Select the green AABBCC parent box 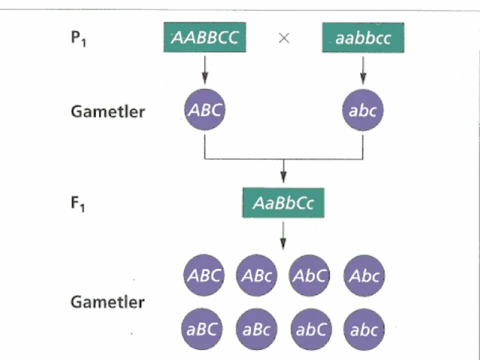(204, 38)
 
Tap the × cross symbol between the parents (283, 38)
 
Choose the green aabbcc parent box (363, 38)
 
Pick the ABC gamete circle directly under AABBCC (204, 110)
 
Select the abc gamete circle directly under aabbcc (363, 110)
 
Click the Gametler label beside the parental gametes (107, 111)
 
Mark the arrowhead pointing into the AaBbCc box (283, 178)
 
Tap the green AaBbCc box (283, 203)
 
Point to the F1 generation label (77, 204)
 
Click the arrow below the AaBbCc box (283, 235)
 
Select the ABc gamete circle (257, 276)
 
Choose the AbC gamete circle (310, 276)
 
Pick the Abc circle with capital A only (364, 276)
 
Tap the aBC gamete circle (202, 329)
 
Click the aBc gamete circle (256, 329)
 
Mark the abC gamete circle (310, 329)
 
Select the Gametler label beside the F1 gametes (107, 302)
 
